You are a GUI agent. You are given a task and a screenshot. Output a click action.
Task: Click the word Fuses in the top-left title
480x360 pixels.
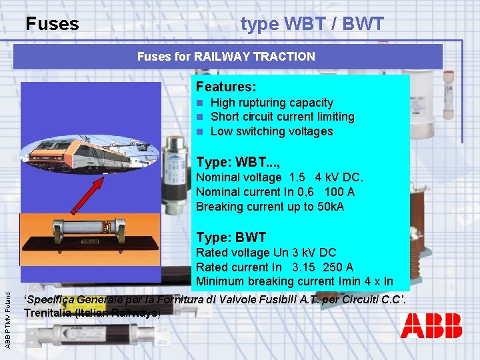[52, 25]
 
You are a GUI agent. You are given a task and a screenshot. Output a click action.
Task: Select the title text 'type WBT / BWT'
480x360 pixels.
[312, 25]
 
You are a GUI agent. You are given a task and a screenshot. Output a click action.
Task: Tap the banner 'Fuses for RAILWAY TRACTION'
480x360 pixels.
[226, 57]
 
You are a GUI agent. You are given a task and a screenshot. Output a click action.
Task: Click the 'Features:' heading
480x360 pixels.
[226, 87]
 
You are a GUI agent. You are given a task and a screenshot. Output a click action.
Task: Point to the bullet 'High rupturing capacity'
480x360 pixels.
[271, 103]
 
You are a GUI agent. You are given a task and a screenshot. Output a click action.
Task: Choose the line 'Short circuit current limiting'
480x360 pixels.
[282, 117]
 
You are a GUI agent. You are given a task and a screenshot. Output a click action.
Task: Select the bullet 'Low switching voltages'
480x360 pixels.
[271, 131]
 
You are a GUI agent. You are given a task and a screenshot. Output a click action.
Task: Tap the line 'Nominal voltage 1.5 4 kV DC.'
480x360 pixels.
[279, 177]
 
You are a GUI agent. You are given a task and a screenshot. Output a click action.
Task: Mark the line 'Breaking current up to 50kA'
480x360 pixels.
[270, 207]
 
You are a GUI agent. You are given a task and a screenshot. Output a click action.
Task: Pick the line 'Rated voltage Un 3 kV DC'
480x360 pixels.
[266, 253]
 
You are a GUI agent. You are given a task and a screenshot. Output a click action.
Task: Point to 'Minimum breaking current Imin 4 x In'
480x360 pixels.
[294, 281]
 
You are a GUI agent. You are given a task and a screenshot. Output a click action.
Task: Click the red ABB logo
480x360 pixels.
[431, 326]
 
